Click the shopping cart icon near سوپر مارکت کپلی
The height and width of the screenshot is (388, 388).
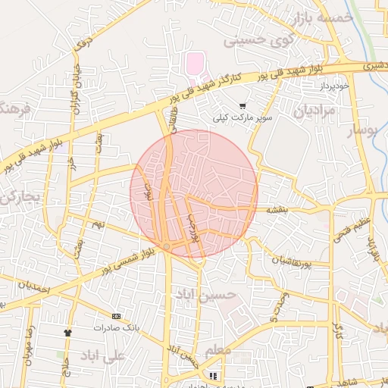pos(242,106)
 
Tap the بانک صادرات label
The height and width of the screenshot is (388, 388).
pos(115,328)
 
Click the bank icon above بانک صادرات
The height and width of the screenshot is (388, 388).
pos(115,316)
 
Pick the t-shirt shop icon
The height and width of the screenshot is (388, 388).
pos(68,332)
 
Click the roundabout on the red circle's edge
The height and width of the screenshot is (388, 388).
pos(167,246)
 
